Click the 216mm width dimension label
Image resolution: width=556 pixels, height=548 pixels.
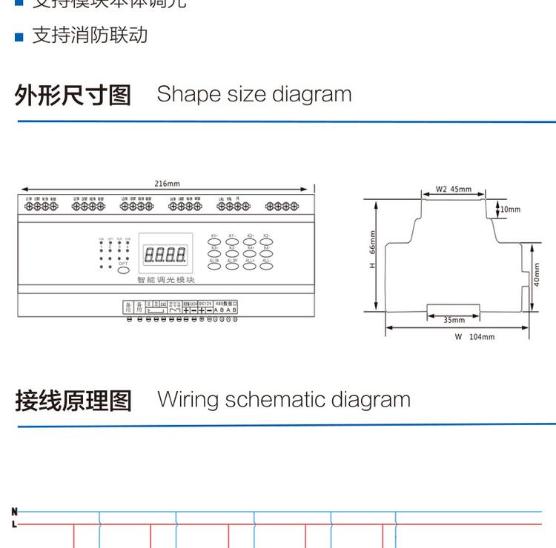point(167,184)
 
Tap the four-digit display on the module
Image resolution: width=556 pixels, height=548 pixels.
point(165,255)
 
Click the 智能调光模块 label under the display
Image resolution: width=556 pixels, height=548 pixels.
point(165,280)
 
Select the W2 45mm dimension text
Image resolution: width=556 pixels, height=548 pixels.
point(453,189)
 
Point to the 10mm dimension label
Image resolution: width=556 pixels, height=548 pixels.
point(510,210)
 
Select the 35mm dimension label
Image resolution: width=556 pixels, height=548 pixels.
point(454,320)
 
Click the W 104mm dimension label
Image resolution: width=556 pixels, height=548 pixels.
point(474,337)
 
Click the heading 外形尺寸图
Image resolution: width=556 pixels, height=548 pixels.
point(73,96)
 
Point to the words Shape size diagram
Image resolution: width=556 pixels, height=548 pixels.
point(254,95)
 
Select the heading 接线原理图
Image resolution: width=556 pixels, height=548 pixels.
point(73,401)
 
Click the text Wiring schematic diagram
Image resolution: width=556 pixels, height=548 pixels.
point(283,400)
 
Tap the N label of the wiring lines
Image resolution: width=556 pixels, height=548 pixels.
point(13,511)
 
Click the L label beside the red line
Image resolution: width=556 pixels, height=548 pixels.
point(13,524)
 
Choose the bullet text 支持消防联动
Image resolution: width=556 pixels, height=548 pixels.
point(90,36)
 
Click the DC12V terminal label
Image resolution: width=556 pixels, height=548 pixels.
point(205,303)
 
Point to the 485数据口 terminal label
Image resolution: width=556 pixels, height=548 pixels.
point(225,303)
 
